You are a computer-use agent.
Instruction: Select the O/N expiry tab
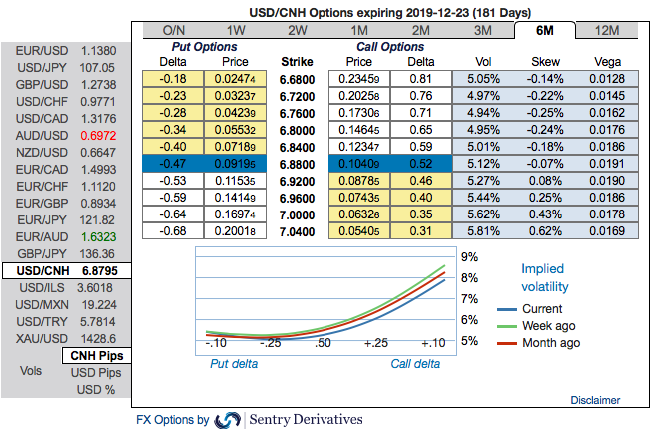(x=173, y=30)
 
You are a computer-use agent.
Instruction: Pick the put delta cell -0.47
(x=174, y=162)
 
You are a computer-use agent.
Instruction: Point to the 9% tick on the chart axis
(x=468, y=257)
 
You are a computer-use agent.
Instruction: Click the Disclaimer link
(x=595, y=400)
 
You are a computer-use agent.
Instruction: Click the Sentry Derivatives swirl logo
(x=228, y=420)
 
